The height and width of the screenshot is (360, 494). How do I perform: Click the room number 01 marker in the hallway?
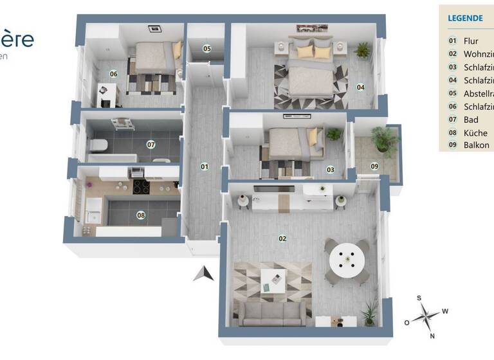coord(205,166)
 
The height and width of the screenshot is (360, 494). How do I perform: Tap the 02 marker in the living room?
coord(282,238)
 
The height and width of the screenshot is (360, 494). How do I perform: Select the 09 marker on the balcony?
coord(374,166)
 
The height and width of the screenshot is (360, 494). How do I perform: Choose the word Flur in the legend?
coord(471,40)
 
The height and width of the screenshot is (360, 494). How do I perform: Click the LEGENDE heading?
coord(465,18)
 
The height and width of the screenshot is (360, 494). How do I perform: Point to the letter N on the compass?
coord(432,336)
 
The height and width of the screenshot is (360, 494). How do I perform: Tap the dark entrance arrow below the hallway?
coord(204,274)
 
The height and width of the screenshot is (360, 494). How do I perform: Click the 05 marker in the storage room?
coord(207,48)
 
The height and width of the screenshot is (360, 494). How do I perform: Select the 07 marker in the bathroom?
coord(151,144)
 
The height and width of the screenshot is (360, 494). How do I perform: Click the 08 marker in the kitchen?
coord(141,215)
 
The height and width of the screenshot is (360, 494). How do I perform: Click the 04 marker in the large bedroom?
coord(361,87)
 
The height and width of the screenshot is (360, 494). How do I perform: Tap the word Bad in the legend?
coord(471,120)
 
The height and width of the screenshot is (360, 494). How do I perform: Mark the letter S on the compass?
coord(419,298)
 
